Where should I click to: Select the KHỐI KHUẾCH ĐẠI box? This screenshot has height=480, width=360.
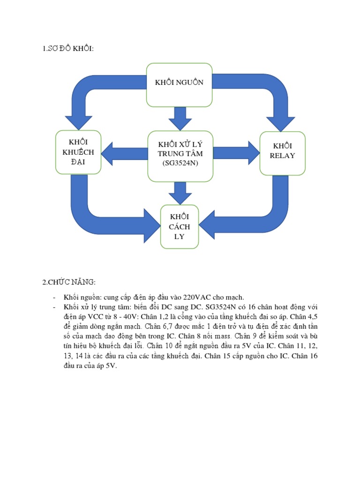click(78, 152)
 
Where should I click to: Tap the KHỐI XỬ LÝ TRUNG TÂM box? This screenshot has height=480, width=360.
click(180, 156)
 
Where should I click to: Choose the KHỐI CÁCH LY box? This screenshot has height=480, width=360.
click(180, 226)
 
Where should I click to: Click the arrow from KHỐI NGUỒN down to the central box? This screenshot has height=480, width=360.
click(180, 118)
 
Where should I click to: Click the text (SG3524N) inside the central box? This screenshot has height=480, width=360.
click(180, 163)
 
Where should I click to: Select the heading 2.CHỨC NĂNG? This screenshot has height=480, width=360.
click(68, 282)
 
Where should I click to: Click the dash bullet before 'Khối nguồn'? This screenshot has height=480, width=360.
click(54, 297)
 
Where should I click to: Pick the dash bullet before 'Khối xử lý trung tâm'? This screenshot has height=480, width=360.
click(54, 307)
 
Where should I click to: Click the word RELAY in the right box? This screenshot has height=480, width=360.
click(282, 156)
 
